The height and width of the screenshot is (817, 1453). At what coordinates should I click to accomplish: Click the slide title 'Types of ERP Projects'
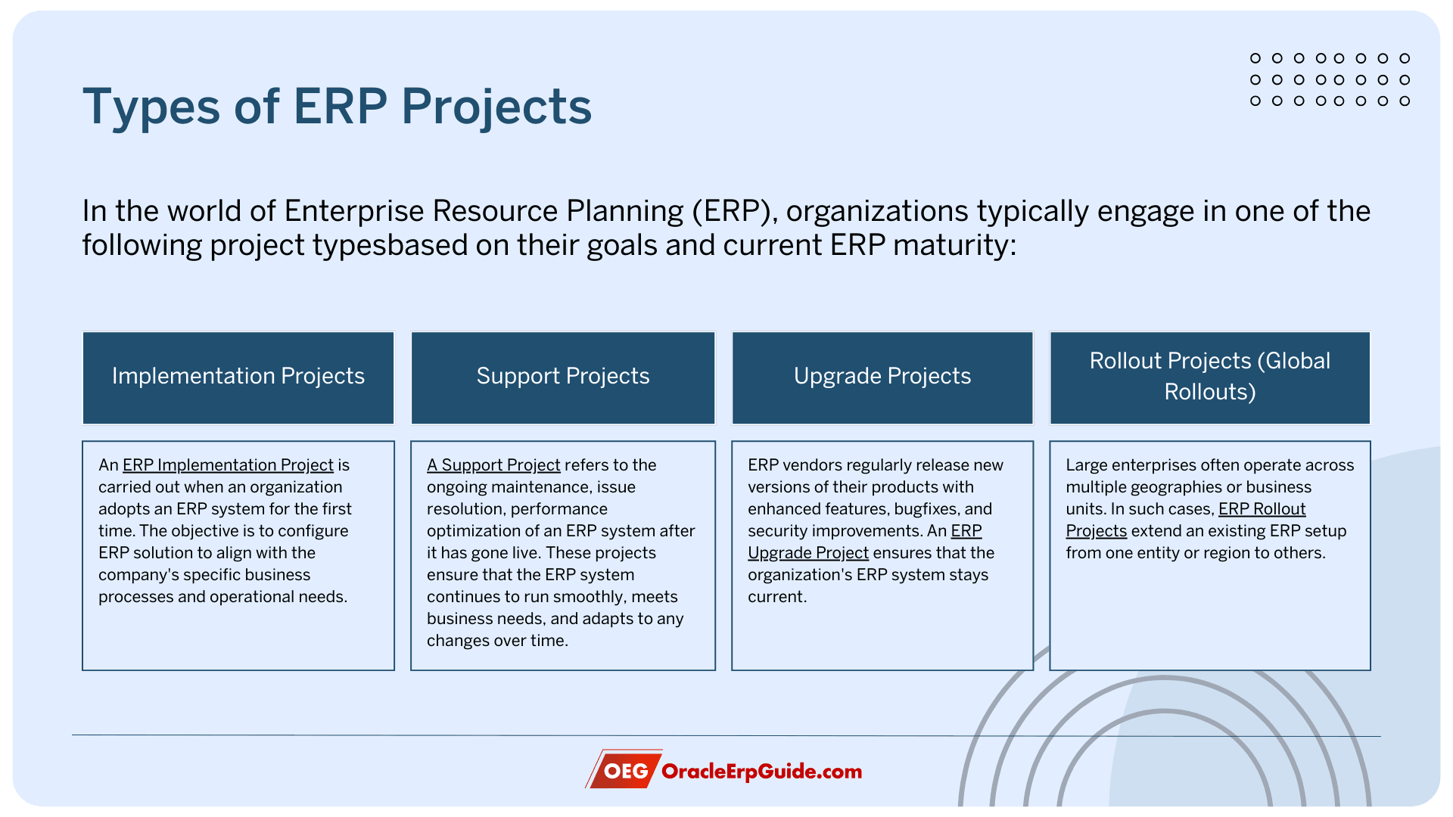(337, 107)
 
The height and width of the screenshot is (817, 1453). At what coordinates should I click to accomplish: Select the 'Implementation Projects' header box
(238, 377)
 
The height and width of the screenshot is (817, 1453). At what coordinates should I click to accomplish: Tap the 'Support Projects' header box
(563, 377)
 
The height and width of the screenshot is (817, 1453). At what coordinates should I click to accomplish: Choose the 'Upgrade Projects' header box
(882, 377)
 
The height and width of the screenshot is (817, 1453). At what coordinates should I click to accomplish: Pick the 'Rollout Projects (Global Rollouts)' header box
(1210, 377)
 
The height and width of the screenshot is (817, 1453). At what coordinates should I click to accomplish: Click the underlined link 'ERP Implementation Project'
(228, 465)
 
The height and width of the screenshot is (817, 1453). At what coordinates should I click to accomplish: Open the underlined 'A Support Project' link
(493, 465)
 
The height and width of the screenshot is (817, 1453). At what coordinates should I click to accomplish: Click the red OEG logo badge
(624, 770)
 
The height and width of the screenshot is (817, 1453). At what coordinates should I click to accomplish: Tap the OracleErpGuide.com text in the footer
(762, 772)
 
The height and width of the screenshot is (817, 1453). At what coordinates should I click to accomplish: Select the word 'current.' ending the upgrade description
(777, 597)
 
